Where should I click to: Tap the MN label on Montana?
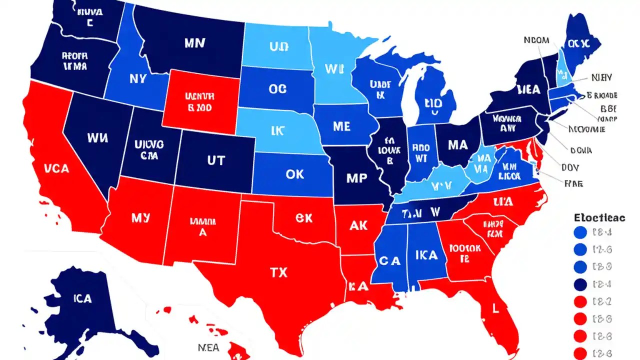coord(194,43)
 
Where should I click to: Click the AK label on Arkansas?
coord(358,225)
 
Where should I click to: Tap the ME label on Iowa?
coord(341,127)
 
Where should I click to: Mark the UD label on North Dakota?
coord(278,47)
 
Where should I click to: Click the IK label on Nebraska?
coord(277,131)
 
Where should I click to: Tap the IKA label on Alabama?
coord(426,255)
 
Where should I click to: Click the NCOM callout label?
coord(536,40)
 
